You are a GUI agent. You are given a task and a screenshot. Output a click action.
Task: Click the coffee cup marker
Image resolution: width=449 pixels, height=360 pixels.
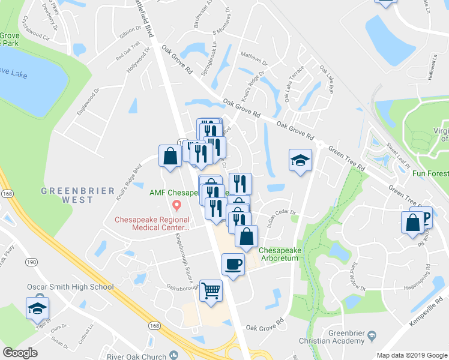[x=233, y=263]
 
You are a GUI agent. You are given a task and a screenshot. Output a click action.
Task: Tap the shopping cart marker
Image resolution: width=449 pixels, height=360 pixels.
[x=211, y=291]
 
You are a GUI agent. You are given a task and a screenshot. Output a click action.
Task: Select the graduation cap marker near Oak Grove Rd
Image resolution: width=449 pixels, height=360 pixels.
[x=301, y=160]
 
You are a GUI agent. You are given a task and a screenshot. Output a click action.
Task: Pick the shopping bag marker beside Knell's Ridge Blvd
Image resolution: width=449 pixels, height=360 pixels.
[x=170, y=157]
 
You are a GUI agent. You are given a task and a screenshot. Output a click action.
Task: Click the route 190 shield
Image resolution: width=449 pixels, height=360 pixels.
[x=31, y=262]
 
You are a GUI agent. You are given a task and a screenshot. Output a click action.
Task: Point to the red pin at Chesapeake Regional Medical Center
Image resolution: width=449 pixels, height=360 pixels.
[x=176, y=206]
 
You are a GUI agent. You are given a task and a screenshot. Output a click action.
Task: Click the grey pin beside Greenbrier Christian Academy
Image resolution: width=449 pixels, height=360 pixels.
[x=372, y=334]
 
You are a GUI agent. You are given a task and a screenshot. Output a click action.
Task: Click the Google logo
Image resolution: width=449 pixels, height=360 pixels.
[x=20, y=353]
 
